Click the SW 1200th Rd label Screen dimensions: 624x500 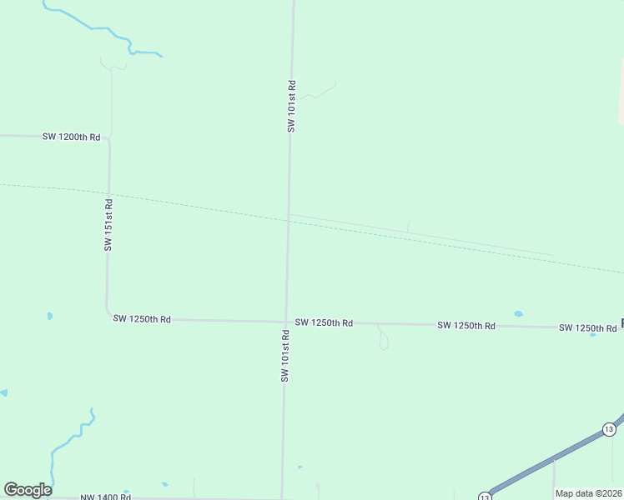coord(72,137)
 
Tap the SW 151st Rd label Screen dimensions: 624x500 coord(108,225)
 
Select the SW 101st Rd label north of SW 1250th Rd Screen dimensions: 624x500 coord(291,106)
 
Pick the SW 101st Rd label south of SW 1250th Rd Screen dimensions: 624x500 coord(284,356)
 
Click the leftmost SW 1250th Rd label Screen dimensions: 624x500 coord(142,319)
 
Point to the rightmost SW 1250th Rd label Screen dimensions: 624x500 coord(587,327)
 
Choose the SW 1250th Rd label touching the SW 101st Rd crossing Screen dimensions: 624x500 coord(324,322)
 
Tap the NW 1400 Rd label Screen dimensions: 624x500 coord(105,497)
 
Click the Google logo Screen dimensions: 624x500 coord(28,490)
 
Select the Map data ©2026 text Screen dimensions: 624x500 coord(588,493)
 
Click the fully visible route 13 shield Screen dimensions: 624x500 coord(609,429)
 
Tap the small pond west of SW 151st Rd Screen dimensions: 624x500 coord(49,317)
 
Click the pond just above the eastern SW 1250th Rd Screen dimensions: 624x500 coord(518,314)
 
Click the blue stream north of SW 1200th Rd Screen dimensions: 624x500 coord(100,29)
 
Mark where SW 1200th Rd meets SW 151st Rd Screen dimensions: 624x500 coord(107,138)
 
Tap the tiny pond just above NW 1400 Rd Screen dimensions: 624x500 coord(164,484)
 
